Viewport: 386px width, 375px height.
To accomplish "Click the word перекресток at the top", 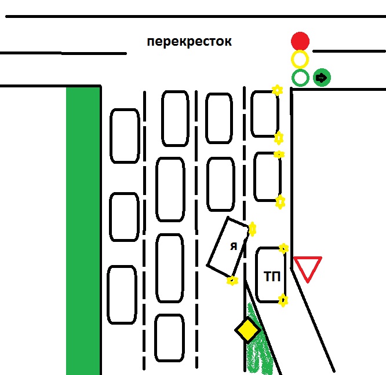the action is tap(189, 42).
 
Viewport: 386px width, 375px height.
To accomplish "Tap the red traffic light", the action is tap(300, 41).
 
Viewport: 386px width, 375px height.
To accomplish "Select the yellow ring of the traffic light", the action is tap(300, 59).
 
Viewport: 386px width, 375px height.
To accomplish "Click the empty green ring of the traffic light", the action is tap(300, 78).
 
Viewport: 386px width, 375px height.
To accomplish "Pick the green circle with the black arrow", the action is tap(322, 78).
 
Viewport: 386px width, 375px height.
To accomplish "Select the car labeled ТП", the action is tap(270, 275).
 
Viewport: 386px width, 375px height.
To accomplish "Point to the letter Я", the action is tap(233, 247).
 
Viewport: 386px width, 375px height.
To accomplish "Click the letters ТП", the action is tap(272, 277).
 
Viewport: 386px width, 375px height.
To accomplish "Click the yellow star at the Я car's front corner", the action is tap(252, 229).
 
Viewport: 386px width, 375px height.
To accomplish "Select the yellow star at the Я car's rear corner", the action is tap(232, 281).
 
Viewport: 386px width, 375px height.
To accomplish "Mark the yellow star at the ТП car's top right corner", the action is tap(283, 248).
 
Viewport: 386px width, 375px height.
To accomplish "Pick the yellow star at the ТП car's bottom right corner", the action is tap(283, 300).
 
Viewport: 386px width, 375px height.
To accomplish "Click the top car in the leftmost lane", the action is tap(125, 136).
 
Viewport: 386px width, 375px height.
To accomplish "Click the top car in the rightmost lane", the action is tap(264, 113).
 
